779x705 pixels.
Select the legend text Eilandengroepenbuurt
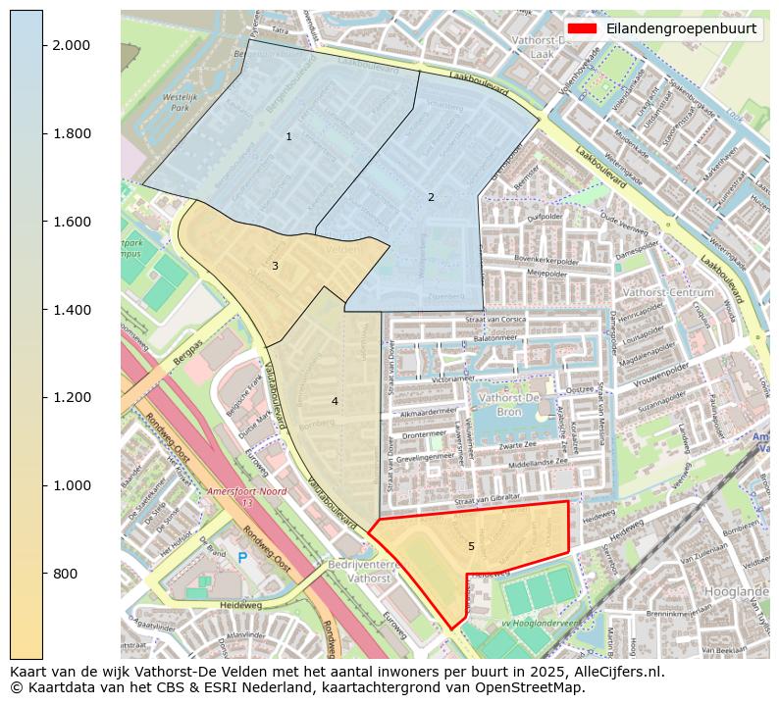681,28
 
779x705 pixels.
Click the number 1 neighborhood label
288,136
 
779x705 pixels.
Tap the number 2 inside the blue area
431,197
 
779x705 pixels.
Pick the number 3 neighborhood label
275,266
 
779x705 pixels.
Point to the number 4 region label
335,401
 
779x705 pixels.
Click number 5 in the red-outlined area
471,546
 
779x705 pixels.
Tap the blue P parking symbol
242,558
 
